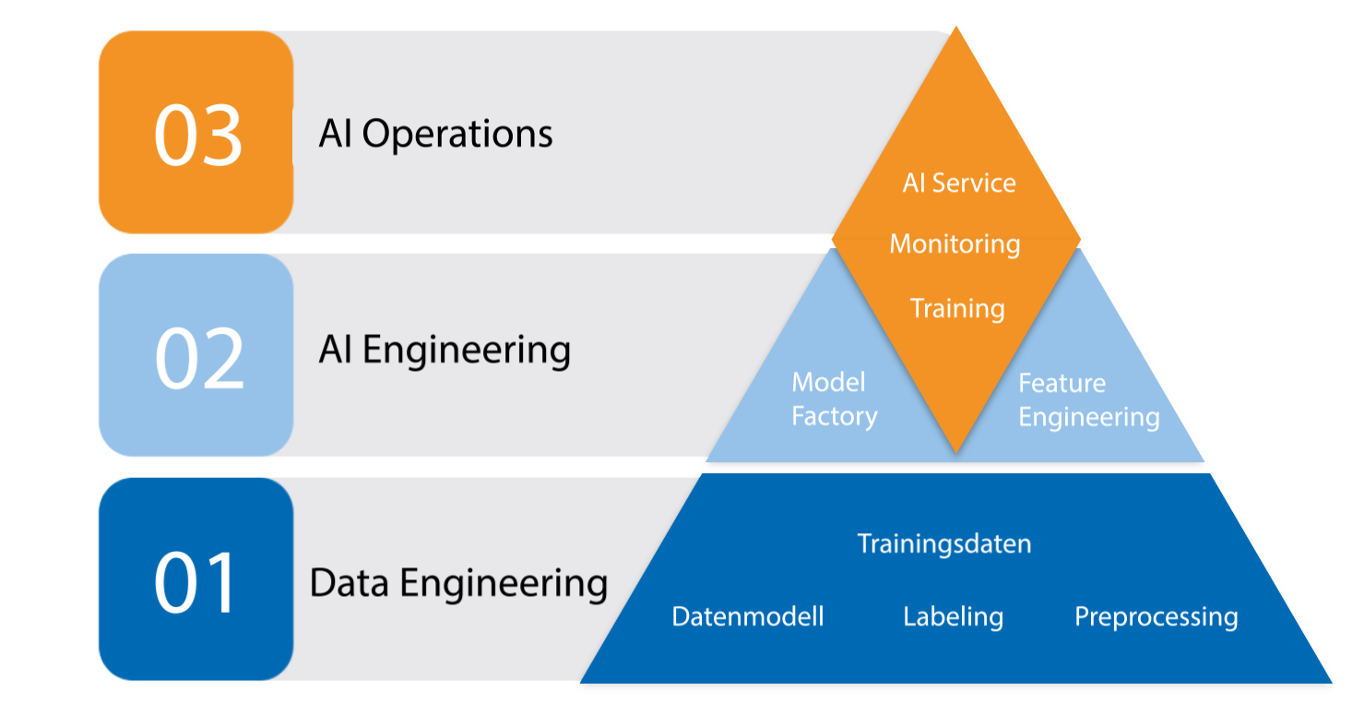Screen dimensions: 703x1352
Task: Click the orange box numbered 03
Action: (196, 132)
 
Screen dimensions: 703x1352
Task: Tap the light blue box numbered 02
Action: (196, 355)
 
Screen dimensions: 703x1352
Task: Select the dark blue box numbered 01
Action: (196, 579)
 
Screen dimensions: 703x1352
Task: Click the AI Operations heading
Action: (435, 134)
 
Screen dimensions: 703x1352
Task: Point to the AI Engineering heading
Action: (445, 351)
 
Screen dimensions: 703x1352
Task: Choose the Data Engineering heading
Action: (458, 583)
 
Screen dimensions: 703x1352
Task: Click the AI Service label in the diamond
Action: (959, 183)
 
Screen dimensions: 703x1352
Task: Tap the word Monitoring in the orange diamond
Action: (955, 244)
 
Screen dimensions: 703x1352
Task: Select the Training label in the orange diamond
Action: (957, 308)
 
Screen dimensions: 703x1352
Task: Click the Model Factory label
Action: (834, 399)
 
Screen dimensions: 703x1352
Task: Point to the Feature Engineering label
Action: (1088, 400)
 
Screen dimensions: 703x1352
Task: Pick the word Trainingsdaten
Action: (944, 543)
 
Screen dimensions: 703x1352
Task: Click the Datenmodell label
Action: (748, 616)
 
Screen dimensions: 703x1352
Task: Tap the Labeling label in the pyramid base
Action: (953, 616)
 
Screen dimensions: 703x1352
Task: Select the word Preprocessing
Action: (1156, 616)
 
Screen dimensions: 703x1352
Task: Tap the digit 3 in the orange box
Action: (221, 135)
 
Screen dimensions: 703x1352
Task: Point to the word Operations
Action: (457, 135)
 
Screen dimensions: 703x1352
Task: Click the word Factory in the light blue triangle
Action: (834, 416)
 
